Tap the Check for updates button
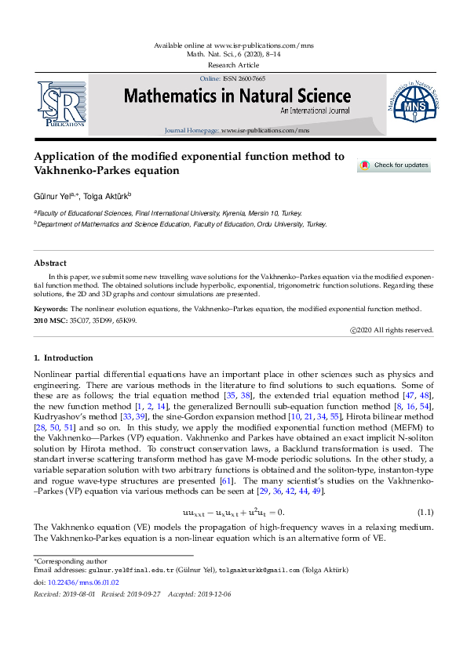pyautogui.click(x=394, y=165)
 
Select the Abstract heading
pyautogui.click(x=49, y=263)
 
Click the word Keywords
pyautogui.click(x=52, y=310)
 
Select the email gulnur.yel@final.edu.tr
pyautogui.click(x=126, y=570)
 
